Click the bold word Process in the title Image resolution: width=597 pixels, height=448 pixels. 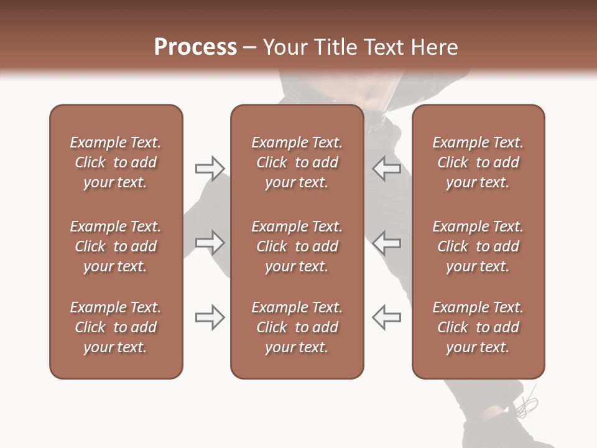(x=195, y=47)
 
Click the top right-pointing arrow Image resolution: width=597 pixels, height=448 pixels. (x=210, y=169)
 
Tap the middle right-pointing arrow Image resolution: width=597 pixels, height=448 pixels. (x=210, y=243)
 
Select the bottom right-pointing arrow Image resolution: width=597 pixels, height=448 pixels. (x=210, y=317)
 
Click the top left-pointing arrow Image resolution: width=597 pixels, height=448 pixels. (x=386, y=169)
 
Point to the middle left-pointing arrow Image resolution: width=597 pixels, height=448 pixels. (x=386, y=243)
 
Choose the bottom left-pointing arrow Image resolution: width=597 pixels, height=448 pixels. (x=386, y=317)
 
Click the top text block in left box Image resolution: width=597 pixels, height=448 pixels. (x=116, y=162)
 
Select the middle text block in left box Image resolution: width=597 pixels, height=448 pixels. (x=116, y=246)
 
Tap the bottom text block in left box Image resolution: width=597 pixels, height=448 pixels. (x=116, y=327)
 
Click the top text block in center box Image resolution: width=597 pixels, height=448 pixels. (x=297, y=162)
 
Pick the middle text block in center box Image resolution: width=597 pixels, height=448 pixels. (x=297, y=246)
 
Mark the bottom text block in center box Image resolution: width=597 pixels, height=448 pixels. (x=297, y=327)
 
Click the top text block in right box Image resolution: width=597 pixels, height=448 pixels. (x=478, y=162)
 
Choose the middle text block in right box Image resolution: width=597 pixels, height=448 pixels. (x=478, y=246)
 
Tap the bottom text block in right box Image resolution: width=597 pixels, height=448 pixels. (x=478, y=327)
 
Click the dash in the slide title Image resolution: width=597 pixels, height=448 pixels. (x=249, y=48)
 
